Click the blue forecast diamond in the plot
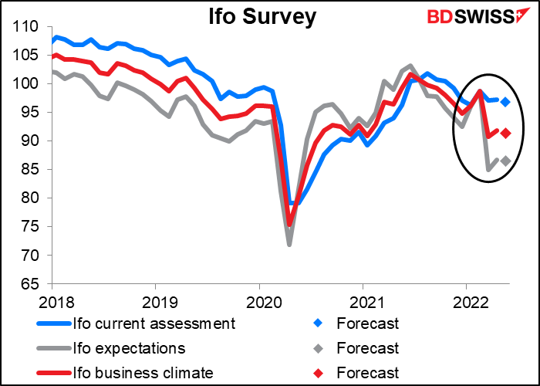(x=505, y=102)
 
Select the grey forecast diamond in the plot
(x=505, y=161)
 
